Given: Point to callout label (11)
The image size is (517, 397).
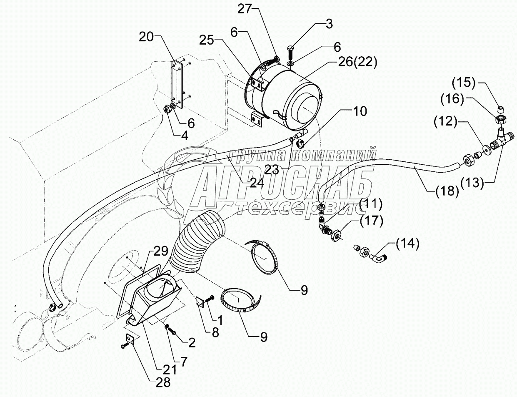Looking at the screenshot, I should coord(370,204).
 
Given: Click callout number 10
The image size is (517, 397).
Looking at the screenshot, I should coord(361,111).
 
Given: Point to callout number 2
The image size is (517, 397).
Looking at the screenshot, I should coord(191,342).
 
